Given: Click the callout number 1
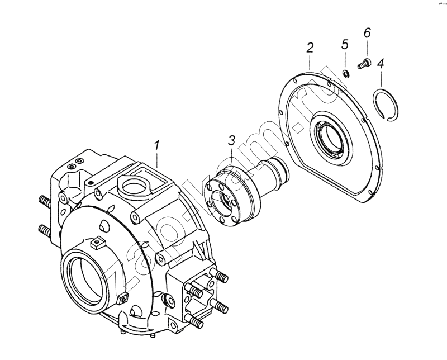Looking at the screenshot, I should (x=158, y=146).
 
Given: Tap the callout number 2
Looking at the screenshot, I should (x=310, y=49).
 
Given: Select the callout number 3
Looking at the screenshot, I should (x=231, y=140).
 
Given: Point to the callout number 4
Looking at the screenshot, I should (x=381, y=63).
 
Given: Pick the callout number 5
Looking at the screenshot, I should (x=345, y=44).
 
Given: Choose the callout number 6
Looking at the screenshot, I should (x=367, y=33).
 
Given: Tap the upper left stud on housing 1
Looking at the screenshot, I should (x=43, y=200).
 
